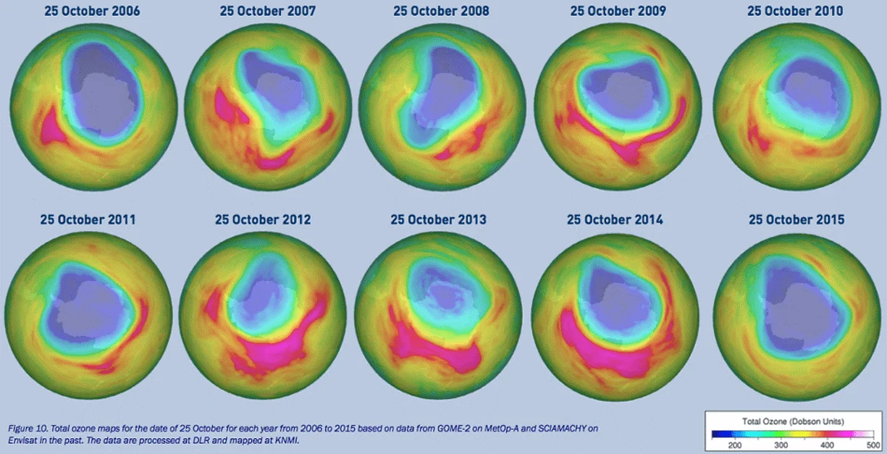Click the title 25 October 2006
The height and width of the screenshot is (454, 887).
pos(93,12)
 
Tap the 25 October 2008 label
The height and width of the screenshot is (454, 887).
pos(441,12)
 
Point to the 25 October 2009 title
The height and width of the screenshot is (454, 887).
pos(618,12)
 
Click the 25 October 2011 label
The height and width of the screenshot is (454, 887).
pos(88,219)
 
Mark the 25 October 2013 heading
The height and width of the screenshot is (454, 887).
pos(439,219)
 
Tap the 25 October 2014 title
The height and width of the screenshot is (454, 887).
pos(615,219)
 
